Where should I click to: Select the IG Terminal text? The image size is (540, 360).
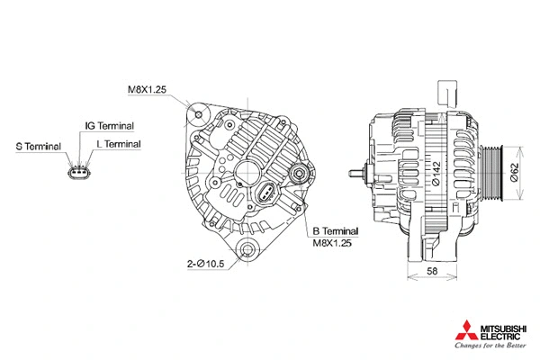pyautogui.click(x=109, y=126)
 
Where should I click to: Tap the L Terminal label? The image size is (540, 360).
pyautogui.click(x=118, y=144)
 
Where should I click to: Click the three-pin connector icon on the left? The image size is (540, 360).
pyautogui.click(x=79, y=171)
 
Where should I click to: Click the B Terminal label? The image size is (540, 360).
pyautogui.click(x=335, y=231)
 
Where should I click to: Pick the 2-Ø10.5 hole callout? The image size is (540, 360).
pyautogui.click(x=205, y=264)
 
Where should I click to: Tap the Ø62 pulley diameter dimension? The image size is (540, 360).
pyautogui.click(x=514, y=172)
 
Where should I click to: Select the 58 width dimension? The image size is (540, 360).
pyautogui.click(x=431, y=270)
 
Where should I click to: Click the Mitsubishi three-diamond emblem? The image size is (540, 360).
pyautogui.click(x=468, y=327)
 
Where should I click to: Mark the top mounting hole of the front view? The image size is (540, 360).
pyautogui.click(x=200, y=115)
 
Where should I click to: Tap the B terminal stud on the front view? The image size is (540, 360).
pyautogui.click(x=298, y=174)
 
